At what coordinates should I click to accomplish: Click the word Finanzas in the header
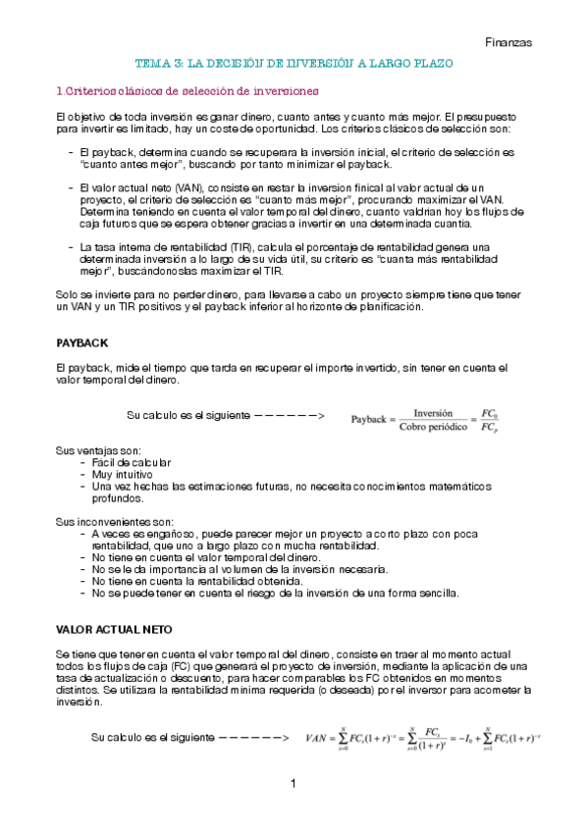point(508,42)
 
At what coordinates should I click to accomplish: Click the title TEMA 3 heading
point(294,64)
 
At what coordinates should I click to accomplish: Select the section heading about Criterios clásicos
point(187,91)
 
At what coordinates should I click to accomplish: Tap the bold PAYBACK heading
point(82,343)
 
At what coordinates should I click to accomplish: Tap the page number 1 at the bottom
point(294,784)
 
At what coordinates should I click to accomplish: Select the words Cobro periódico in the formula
point(434,425)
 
